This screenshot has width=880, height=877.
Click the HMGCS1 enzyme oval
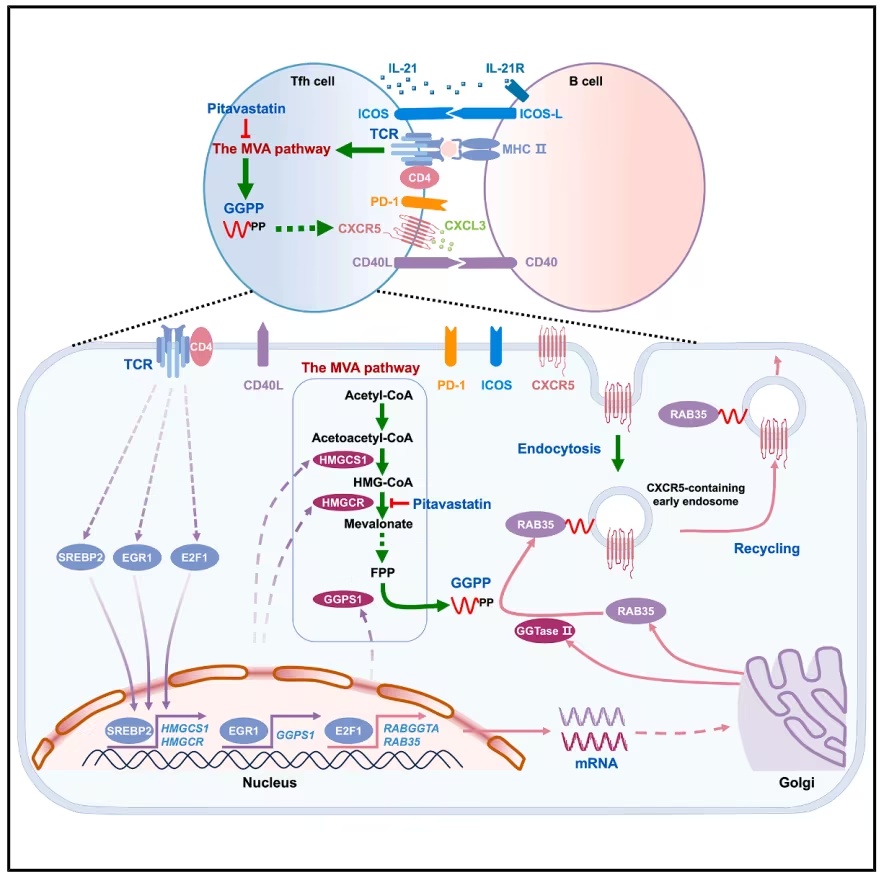click(x=343, y=461)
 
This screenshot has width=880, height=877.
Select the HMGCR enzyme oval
click(x=343, y=503)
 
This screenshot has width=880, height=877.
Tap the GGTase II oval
click(x=544, y=631)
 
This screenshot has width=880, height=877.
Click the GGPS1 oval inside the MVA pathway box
click(x=343, y=599)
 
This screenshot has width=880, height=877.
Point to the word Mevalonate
click(x=378, y=524)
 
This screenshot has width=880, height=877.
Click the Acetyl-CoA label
click(x=379, y=396)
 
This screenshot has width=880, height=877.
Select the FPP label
click(x=382, y=572)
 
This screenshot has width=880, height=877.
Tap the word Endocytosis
click(x=559, y=449)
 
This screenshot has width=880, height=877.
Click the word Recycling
click(x=767, y=549)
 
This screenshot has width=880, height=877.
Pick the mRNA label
click(x=596, y=763)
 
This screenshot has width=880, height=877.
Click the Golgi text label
click(x=796, y=783)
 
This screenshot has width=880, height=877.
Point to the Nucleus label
click(x=269, y=783)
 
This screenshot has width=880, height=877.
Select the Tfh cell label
click(x=312, y=81)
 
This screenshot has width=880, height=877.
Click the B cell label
click(x=585, y=81)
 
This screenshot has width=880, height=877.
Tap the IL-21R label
click(x=505, y=68)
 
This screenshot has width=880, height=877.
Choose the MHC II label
click(x=524, y=149)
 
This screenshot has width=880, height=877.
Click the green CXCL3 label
click(x=465, y=226)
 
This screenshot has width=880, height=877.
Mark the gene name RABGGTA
click(x=411, y=728)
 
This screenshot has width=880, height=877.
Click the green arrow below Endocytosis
click(x=617, y=453)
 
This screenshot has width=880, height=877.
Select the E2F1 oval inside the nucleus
click(x=349, y=731)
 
